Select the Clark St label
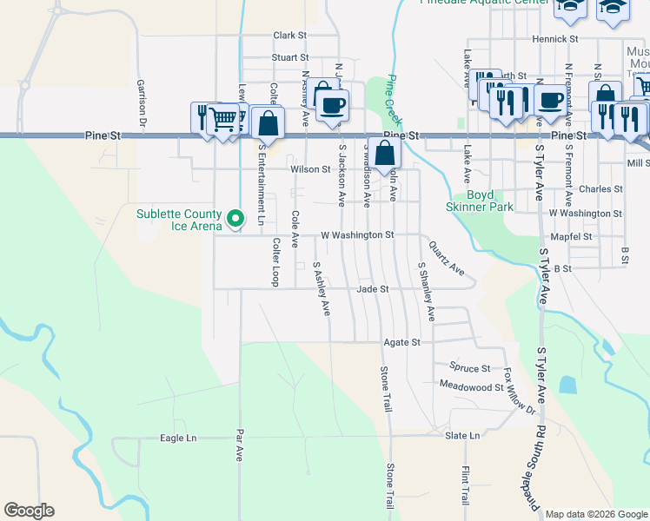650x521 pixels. [290, 36]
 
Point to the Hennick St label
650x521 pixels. [555, 39]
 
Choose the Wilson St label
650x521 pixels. [310, 169]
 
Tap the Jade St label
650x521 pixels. [371, 288]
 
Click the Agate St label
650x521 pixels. [402, 342]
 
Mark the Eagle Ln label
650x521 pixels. [178, 439]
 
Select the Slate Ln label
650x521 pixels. [462, 435]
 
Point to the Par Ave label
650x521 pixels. [240, 444]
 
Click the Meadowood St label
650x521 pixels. [472, 385]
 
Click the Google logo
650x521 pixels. [29, 511]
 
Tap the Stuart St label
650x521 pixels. [290, 57]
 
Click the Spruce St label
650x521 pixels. [470, 367]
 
